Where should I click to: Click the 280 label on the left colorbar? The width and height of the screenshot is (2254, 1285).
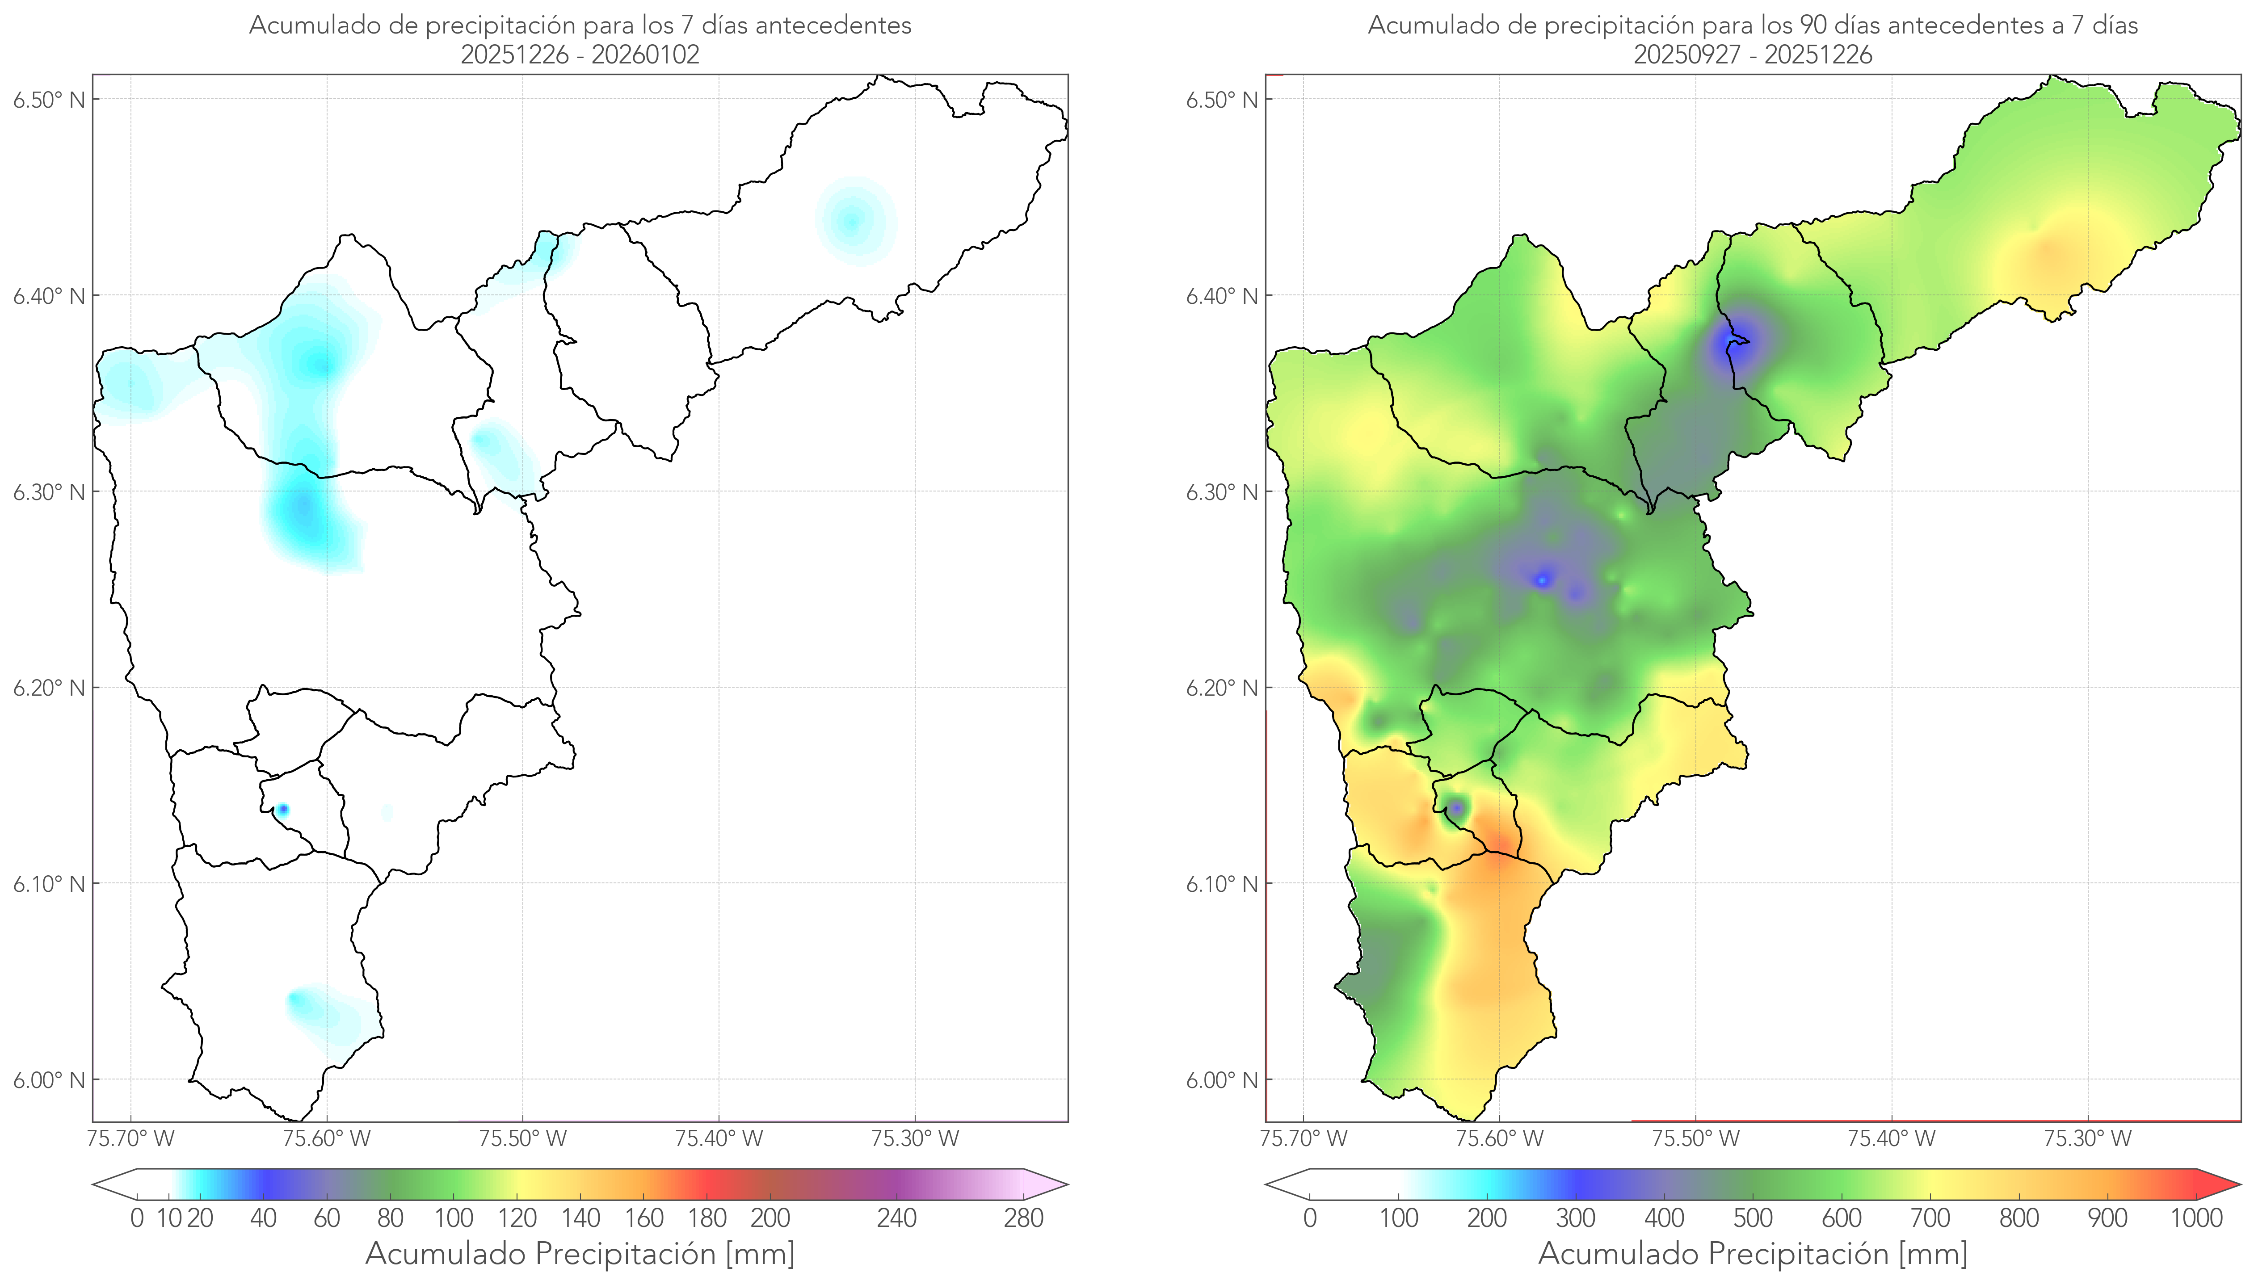tap(1024, 1219)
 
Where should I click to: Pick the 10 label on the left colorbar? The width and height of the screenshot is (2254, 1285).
tap(168, 1219)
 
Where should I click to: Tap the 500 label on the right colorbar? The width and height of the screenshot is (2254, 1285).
tap(1753, 1219)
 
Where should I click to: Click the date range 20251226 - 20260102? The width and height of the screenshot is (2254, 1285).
tap(580, 55)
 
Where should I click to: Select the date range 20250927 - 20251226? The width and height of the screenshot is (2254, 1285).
tap(1753, 55)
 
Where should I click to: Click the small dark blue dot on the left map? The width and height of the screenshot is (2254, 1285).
tap(282, 809)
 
